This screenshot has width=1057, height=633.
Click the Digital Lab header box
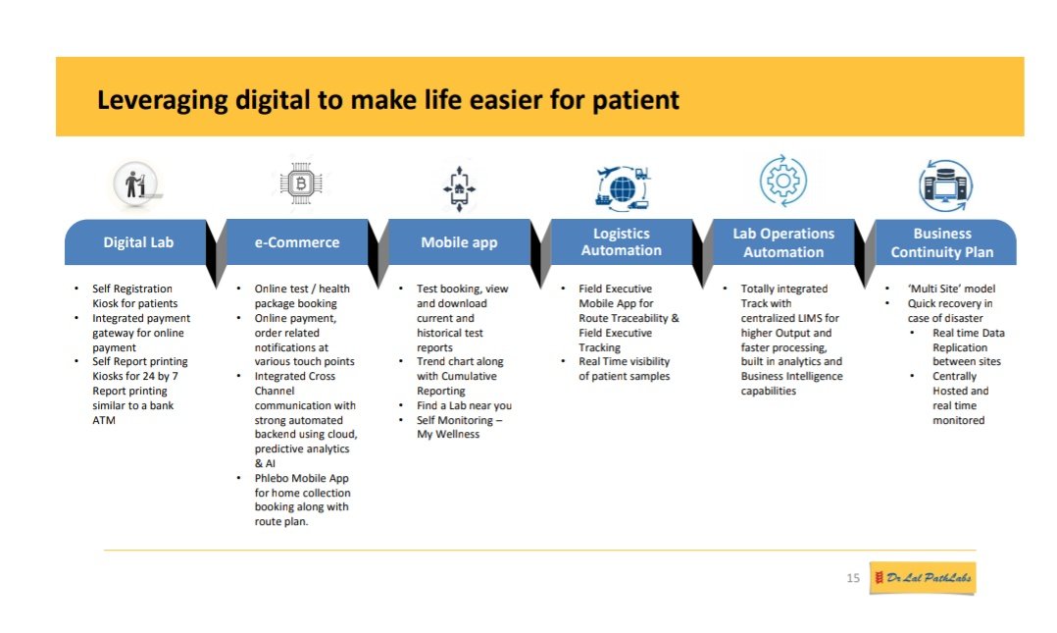coord(138,242)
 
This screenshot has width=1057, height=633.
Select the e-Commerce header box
coord(297,242)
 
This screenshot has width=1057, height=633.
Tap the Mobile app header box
coord(459,242)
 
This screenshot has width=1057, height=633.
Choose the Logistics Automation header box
coord(621,242)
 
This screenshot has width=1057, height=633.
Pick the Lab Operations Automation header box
coord(782,242)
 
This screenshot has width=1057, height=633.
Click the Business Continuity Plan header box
coord(941,242)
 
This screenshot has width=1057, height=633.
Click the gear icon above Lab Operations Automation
coord(782,182)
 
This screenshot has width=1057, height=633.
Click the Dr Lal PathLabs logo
coord(923,578)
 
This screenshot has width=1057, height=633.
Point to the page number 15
coord(852,579)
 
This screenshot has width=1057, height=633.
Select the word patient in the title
coord(638,100)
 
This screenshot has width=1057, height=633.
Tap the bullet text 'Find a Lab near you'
coord(464,405)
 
